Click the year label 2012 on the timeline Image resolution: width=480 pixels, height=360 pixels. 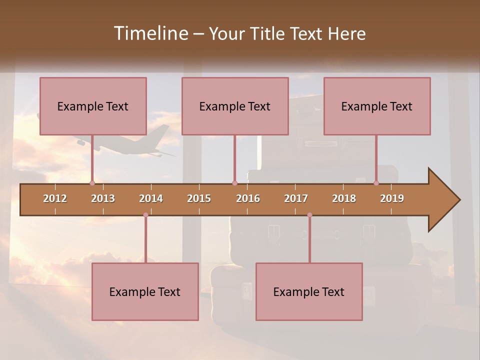click(x=55, y=198)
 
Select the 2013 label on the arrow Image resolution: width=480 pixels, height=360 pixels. click(x=103, y=198)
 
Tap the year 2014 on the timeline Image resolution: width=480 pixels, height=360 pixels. click(x=151, y=198)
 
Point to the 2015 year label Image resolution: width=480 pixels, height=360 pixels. click(x=199, y=198)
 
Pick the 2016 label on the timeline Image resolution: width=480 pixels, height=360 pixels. click(x=248, y=198)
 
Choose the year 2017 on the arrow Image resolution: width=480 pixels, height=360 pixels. click(x=296, y=198)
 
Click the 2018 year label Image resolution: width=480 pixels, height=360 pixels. click(x=344, y=198)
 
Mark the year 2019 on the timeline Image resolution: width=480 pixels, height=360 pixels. click(x=392, y=198)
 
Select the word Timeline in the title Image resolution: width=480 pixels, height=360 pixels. click(x=149, y=33)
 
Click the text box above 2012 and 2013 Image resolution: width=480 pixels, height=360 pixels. click(x=93, y=106)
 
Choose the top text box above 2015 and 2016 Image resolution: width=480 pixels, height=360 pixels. click(x=235, y=106)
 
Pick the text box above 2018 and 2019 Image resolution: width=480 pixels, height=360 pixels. click(x=377, y=106)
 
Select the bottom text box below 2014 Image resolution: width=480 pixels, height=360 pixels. click(x=145, y=291)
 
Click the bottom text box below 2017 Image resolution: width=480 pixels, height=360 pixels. click(x=309, y=291)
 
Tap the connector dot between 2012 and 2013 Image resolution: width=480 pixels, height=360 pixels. click(x=92, y=183)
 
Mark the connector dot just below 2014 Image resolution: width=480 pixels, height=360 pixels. click(x=145, y=215)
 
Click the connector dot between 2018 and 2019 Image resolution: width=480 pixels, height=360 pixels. click(x=376, y=183)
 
